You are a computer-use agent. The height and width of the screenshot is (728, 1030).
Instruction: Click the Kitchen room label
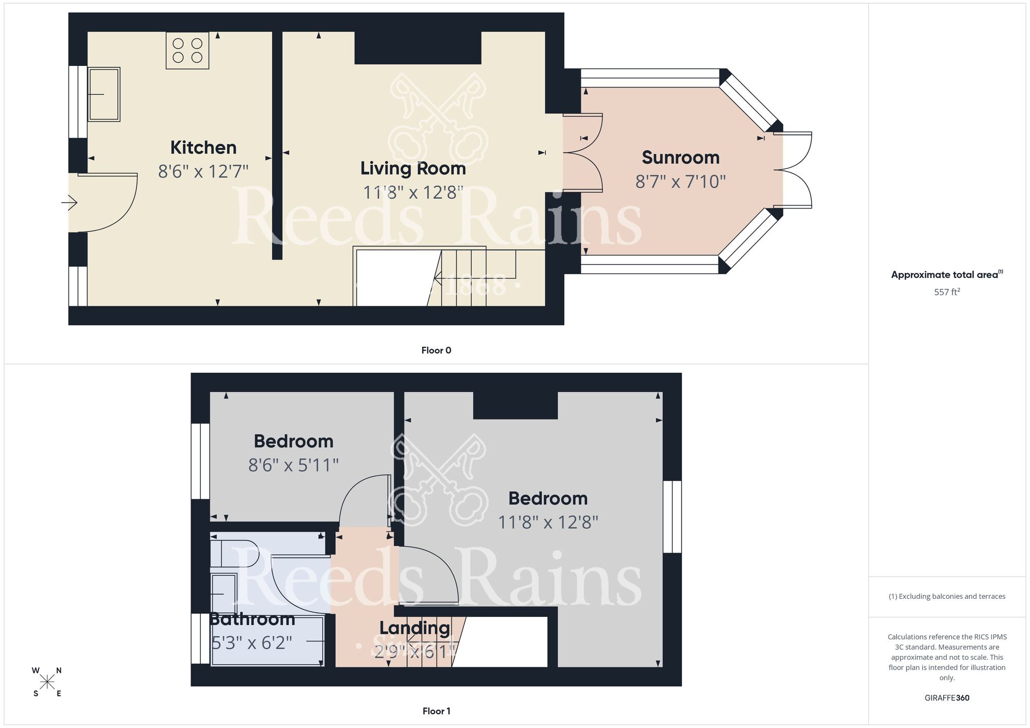[x=203, y=148]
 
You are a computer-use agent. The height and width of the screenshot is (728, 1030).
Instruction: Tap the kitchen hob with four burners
[x=187, y=50]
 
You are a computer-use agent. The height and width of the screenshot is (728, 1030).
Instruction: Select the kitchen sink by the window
[x=104, y=94]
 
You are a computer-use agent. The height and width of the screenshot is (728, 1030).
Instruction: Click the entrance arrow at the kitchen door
[x=70, y=203]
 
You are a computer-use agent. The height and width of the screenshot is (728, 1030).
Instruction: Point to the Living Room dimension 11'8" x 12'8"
[x=413, y=193]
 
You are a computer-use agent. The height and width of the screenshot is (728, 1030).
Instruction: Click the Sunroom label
[x=680, y=158]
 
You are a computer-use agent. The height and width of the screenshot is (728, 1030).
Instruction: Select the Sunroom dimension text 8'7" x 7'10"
[x=680, y=182]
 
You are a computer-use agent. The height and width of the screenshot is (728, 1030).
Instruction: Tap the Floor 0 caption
[x=436, y=351]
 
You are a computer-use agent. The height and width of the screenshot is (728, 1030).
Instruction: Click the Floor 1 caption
[x=436, y=711]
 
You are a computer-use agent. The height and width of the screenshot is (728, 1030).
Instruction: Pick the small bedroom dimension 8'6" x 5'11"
[x=294, y=465]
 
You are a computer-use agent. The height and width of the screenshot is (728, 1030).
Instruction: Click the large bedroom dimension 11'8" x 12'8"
[x=548, y=523]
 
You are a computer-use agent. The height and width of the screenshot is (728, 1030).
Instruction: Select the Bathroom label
[x=252, y=619]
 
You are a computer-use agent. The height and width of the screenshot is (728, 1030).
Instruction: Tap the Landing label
[x=415, y=628]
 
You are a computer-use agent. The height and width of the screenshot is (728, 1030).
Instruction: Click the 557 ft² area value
[x=947, y=292]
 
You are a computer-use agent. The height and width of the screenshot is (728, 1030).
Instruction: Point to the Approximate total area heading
[x=947, y=274]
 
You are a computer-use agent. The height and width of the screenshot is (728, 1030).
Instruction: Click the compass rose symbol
[x=47, y=682]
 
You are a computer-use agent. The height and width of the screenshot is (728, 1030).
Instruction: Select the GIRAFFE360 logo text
[x=947, y=698]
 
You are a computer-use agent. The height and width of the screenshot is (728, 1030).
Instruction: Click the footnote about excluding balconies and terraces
[x=947, y=596]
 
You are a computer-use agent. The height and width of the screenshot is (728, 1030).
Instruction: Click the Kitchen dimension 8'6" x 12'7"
[x=203, y=171]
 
